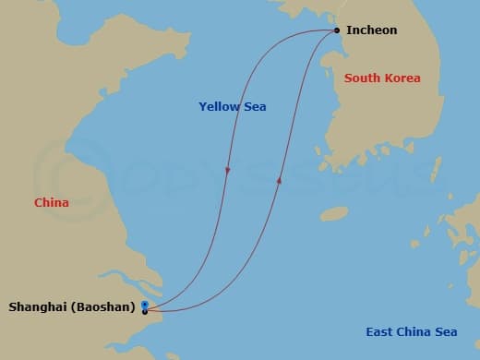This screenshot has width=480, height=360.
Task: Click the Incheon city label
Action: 371,30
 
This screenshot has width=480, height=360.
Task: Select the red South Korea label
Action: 382,78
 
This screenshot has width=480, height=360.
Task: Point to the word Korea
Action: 402,78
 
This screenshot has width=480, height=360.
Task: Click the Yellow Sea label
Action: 233,107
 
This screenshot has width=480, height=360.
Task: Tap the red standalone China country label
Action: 51,202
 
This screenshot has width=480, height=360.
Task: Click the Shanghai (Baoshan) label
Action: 72,306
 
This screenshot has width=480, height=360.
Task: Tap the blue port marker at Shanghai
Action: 145,304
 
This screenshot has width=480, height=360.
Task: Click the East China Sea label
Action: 412,332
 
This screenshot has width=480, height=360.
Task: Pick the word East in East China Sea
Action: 379,332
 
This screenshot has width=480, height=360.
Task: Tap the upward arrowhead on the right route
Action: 279,182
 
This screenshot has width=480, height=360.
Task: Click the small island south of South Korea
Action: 334,214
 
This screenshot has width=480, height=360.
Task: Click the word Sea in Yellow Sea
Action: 255,107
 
